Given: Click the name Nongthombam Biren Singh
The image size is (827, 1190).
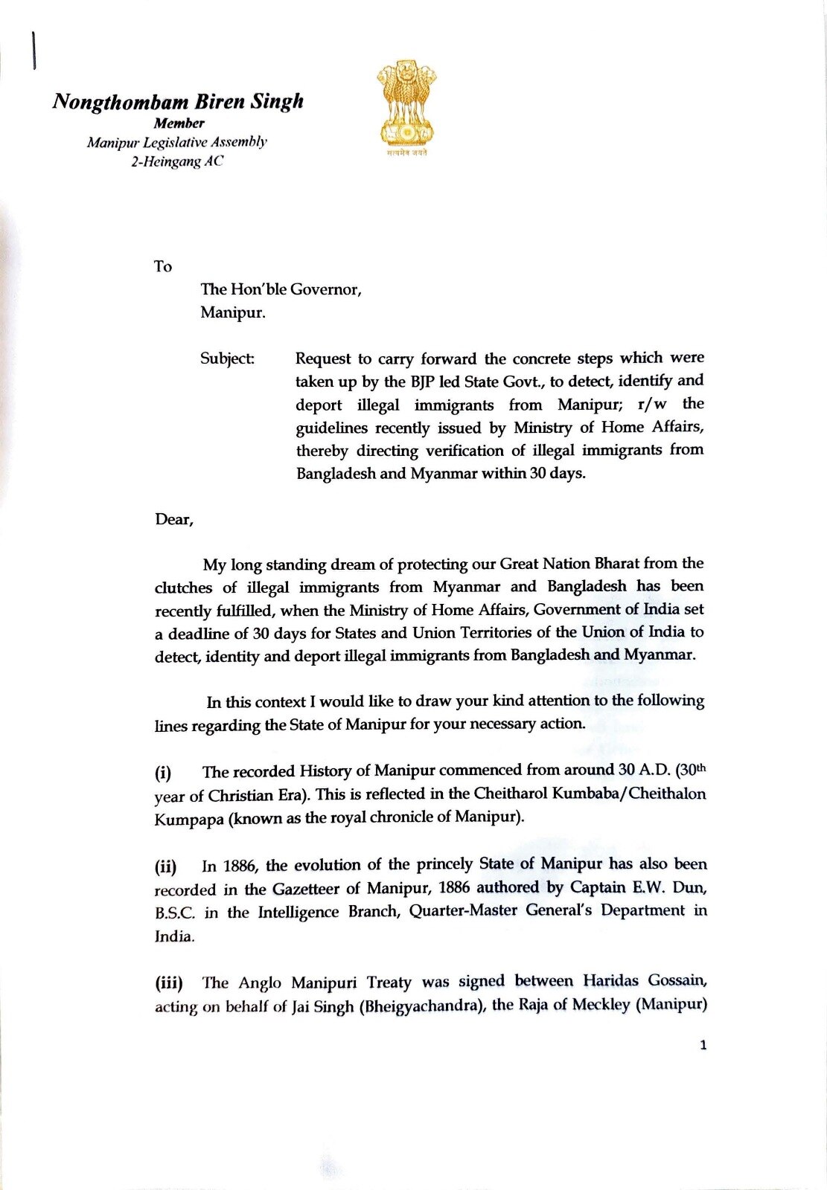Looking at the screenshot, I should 178,101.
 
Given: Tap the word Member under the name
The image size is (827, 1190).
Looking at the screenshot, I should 179,123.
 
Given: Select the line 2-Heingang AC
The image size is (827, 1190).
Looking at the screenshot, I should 177,161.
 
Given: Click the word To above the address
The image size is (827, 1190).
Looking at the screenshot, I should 162,266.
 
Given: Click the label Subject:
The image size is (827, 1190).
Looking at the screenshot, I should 227,358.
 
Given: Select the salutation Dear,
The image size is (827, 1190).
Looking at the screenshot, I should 174,519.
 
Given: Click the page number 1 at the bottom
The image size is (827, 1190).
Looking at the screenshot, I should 703,1045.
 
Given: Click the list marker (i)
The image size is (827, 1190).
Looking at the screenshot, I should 163,772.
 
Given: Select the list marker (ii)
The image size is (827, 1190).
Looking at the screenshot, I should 165,866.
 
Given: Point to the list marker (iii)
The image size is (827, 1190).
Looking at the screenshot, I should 168,983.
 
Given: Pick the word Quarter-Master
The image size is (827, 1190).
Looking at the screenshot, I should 463,911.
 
